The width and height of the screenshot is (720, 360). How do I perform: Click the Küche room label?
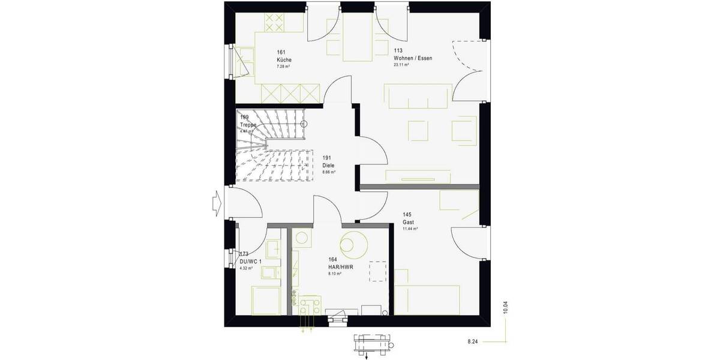click(284, 61)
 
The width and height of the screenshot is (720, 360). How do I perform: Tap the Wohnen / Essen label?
click(413, 58)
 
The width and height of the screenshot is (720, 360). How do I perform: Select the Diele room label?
click(328, 165)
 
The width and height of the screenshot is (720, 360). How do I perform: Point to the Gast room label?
click(408, 222)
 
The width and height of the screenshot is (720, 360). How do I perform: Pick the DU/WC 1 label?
click(251, 262)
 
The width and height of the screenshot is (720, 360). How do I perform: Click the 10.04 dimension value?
click(506, 307)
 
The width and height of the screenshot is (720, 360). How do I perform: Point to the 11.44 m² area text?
click(410, 229)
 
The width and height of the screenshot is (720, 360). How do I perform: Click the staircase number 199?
click(244, 118)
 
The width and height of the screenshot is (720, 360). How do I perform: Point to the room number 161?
click(281, 52)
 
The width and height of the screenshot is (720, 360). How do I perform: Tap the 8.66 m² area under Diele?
click(329, 172)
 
